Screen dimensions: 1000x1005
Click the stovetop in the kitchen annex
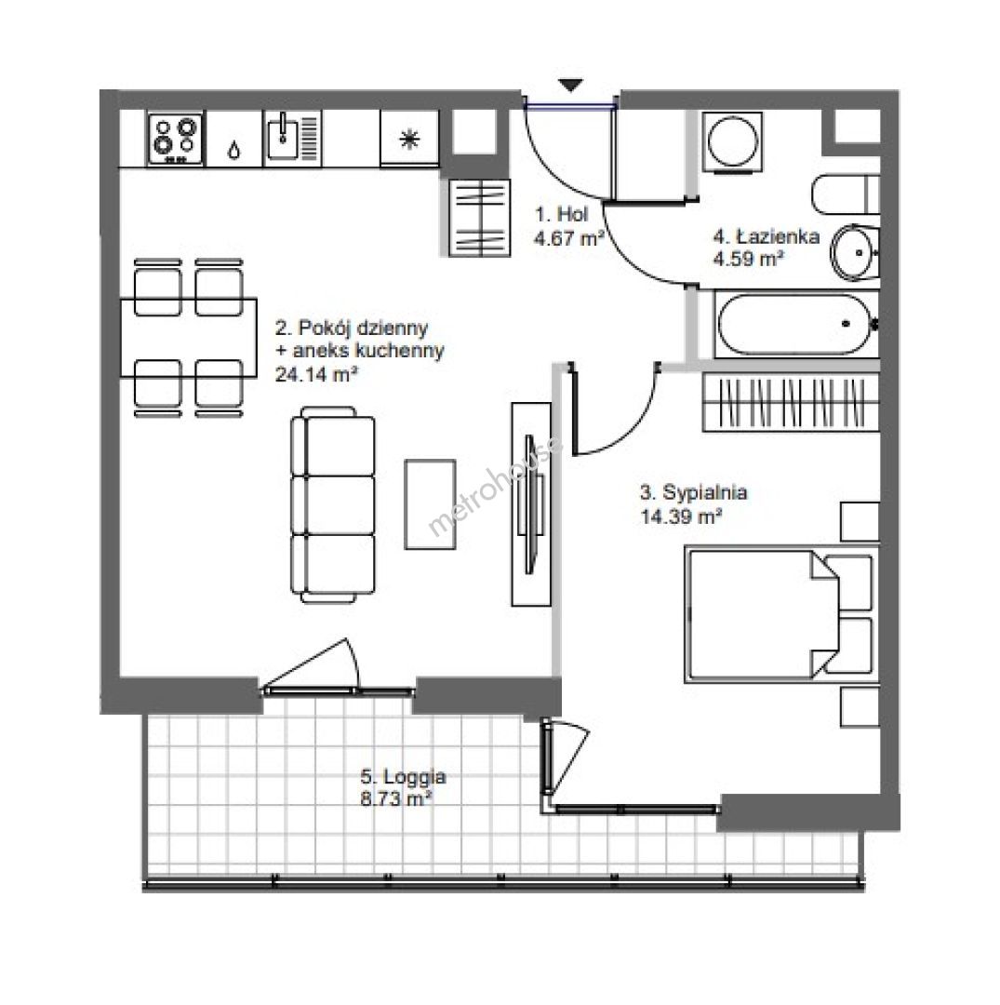click(176, 139)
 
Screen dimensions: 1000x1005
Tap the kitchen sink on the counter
click(292, 138)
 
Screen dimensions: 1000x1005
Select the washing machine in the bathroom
click(733, 142)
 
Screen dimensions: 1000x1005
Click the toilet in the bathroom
click(845, 194)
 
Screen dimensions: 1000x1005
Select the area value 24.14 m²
click(316, 374)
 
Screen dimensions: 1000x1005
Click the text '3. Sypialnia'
click(694, 492)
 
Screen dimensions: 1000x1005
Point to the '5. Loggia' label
click(403, 777)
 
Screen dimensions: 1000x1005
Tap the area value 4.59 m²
click(749, 259)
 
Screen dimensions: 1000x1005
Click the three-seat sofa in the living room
click(333, 504)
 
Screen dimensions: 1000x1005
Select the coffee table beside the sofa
click(430, 504)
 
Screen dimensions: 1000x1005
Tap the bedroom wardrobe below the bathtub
click(791, 403)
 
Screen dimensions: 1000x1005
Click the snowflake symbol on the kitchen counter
click(408, 139)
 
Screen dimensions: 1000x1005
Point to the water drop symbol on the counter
click(234, 152)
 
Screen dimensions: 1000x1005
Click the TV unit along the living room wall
click(531, 503)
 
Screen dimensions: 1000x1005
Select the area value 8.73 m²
click(395, 799)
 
